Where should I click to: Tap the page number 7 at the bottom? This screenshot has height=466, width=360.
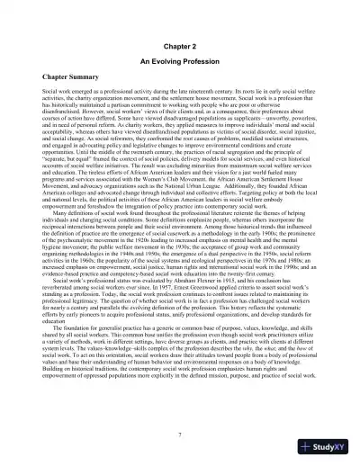(x=180, y=436)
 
